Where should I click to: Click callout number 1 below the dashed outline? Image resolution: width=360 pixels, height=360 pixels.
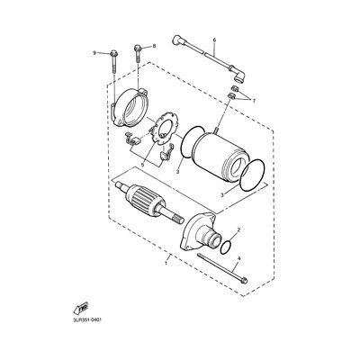pos(166,263)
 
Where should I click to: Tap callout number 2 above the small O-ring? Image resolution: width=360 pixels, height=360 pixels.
pos(238,230)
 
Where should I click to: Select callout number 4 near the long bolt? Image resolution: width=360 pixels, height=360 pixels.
pos(238,258)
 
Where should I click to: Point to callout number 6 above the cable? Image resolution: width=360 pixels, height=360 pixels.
pos(214,40)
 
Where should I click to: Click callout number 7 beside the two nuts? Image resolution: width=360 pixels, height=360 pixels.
pos(254,101)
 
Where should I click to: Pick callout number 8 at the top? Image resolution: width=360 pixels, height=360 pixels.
pos(154,46)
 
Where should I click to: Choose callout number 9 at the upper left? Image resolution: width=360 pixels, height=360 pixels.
pos(94,53)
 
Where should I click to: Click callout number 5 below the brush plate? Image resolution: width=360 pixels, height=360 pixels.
pos(143,165)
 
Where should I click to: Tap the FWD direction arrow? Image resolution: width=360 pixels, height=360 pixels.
pos(81,308)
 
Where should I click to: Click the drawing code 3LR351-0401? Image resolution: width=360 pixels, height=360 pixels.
pos(86,320)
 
